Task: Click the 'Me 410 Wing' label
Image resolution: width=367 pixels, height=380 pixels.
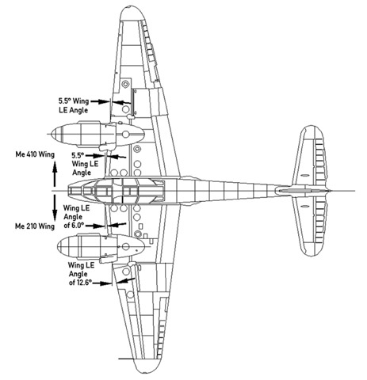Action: (35, 154)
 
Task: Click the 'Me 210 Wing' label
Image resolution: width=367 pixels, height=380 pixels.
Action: (35, 226)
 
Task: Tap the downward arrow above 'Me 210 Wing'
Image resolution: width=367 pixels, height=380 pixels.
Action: (55, 207)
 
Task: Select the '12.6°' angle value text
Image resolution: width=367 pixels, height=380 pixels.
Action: (84, 283)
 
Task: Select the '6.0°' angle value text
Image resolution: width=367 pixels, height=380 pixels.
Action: (78, 226)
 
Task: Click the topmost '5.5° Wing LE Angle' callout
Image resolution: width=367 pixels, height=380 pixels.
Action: (74, 105)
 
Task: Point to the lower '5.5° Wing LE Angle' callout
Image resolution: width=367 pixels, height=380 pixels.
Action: (82, 164)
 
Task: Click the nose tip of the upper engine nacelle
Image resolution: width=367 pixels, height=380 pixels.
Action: (52, 135)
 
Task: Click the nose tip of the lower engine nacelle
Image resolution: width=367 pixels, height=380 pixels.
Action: (58, 246)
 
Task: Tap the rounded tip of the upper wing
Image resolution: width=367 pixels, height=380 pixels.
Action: (132, 8)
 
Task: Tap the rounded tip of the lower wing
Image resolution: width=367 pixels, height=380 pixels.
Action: (146, 372)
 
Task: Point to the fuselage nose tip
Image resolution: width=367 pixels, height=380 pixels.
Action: (67, 191)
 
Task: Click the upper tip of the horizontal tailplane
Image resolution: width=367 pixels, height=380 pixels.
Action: (312, 127)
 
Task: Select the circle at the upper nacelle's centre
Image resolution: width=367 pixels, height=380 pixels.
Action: (126, 135)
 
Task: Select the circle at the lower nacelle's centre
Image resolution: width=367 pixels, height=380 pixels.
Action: (126, 247)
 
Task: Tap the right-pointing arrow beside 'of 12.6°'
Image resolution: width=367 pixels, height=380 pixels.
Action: (102, 283)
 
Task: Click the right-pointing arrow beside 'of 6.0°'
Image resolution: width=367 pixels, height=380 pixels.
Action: (95, 226)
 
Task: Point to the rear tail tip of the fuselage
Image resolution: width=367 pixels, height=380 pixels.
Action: (330, 191)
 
